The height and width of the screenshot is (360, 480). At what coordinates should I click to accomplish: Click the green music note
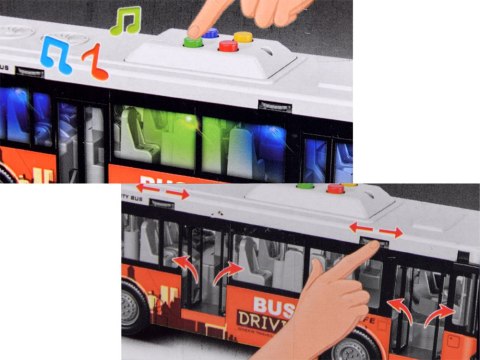pyautogui.click(x=125, y=21)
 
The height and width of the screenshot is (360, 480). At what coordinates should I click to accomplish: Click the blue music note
pyautogui.click(x=56, y=55)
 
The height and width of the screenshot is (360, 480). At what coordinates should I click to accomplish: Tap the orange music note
pyautogui.click(x=94, y=63)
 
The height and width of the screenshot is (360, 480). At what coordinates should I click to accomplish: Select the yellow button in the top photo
pyautogui.click(x=243, y=38)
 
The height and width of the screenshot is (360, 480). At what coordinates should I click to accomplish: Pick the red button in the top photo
pyautogui.click(x=229, y=45)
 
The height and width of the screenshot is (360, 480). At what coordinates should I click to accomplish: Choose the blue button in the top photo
pyautogui.click(x=210, y=33)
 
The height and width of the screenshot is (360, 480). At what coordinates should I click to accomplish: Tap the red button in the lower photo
pyautogui.click(x=335, y=188)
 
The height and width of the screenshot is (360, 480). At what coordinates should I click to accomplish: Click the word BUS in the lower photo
pyautogui.click(x=272, y=307)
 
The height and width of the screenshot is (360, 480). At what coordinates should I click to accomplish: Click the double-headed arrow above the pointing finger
pyautogui.click(x=378, y=230)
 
